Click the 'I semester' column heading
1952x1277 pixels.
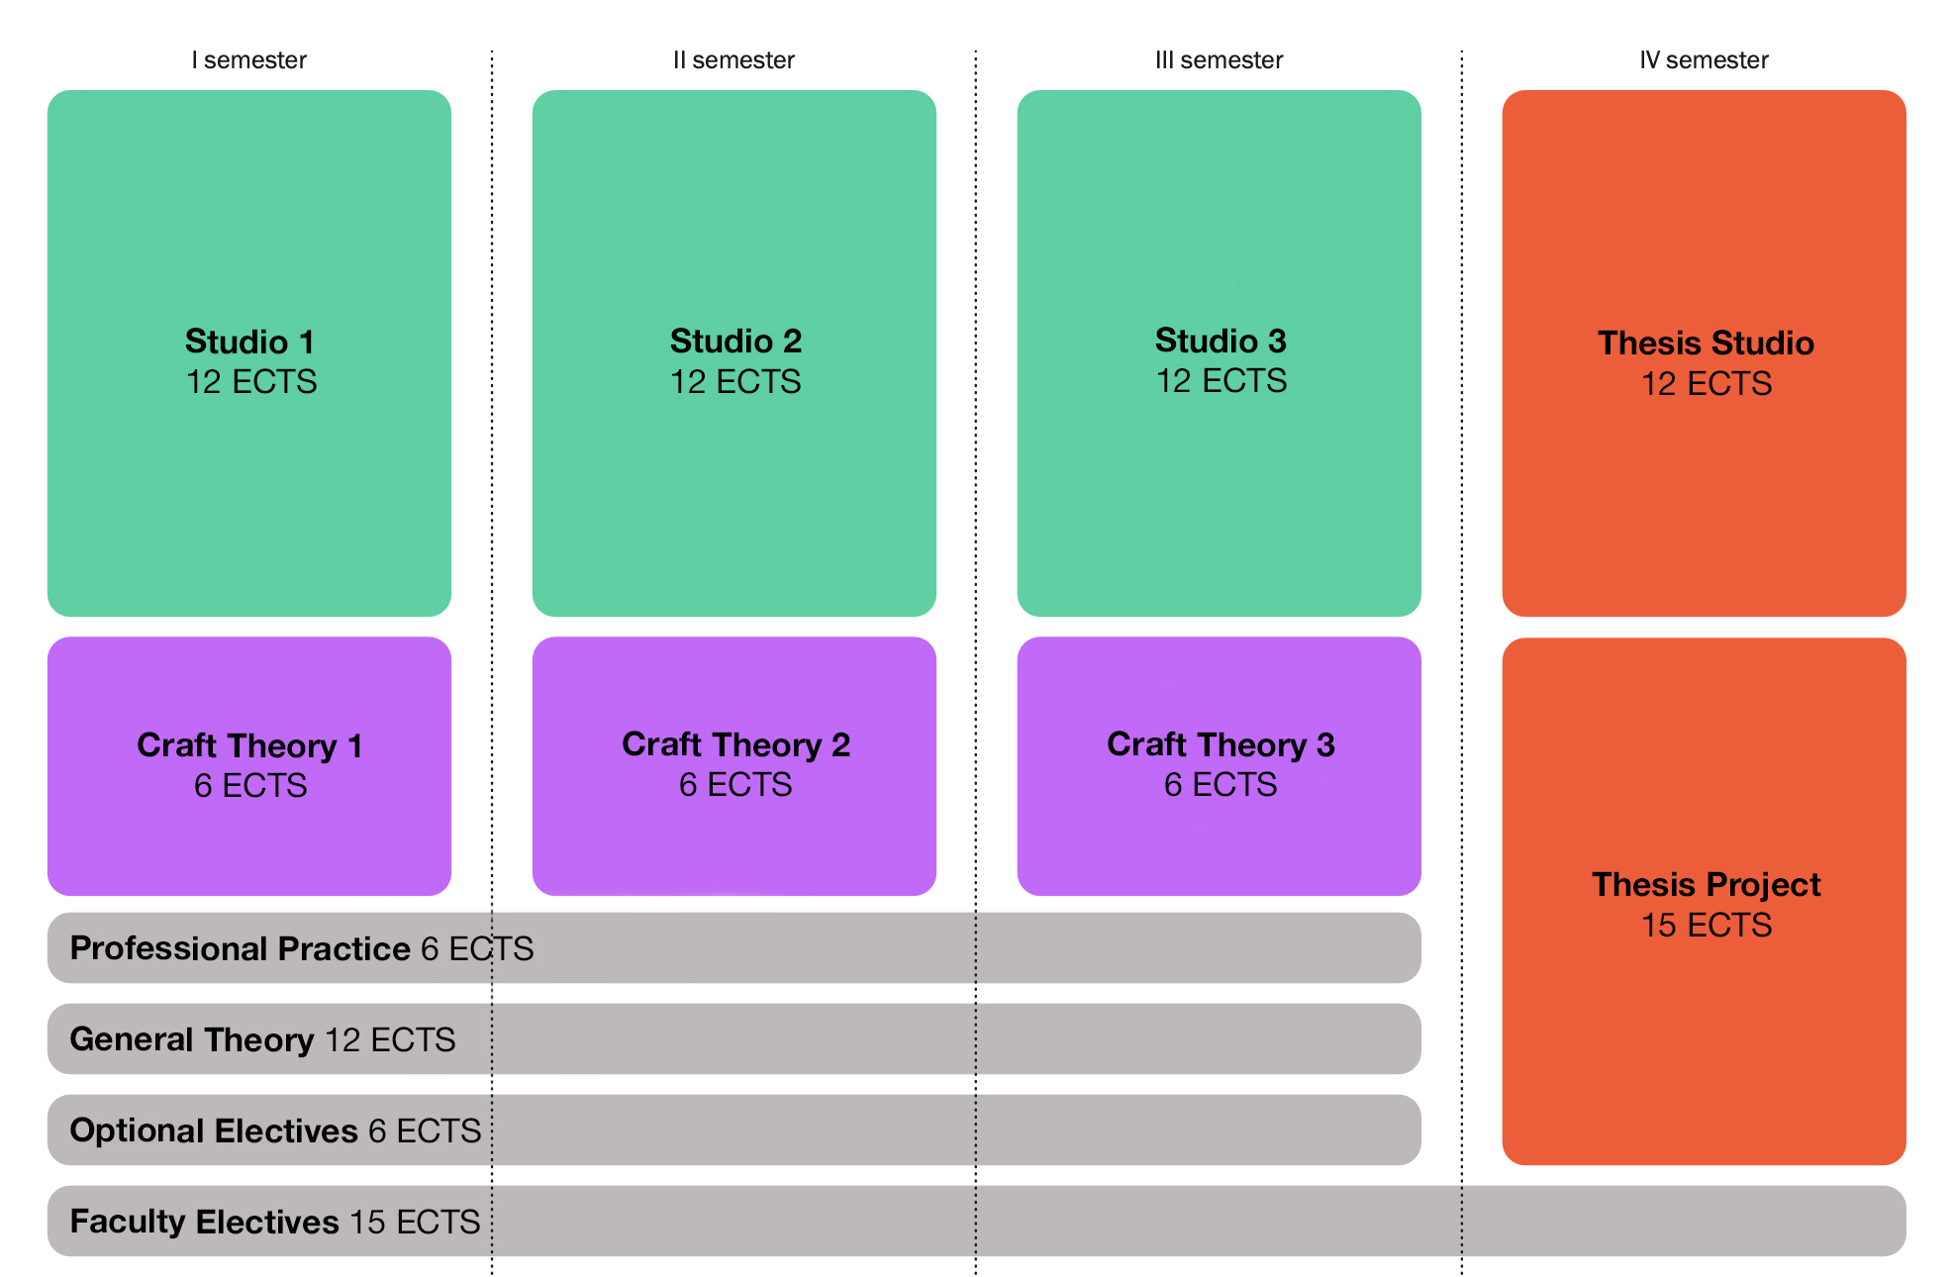point(248,60)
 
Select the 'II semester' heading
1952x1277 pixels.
point(733,60)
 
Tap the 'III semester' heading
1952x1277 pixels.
point(1219,60)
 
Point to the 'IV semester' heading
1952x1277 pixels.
point(1704,60)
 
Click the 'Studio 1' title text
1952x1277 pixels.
point(249,342)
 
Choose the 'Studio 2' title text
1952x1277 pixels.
point(735,341)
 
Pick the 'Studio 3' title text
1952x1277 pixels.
point(1220,341)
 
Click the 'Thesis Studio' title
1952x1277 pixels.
point(1706,343)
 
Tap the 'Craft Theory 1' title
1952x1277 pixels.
point(249,745)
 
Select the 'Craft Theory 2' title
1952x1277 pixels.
point(735,744)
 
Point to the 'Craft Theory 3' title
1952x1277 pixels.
point(1220,744)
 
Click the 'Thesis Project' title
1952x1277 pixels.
point(1706,884)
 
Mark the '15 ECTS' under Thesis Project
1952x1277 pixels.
point(1706,925)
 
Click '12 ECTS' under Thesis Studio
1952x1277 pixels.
point(1706,383)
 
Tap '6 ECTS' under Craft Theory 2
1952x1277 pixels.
point(735,785)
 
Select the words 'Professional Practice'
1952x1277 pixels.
point(240,948)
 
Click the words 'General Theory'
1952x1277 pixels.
point(192,1039)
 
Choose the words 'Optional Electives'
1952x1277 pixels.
point(214,1130)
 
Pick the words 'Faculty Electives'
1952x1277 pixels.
point(205,1222)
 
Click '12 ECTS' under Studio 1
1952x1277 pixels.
point(251,382)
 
